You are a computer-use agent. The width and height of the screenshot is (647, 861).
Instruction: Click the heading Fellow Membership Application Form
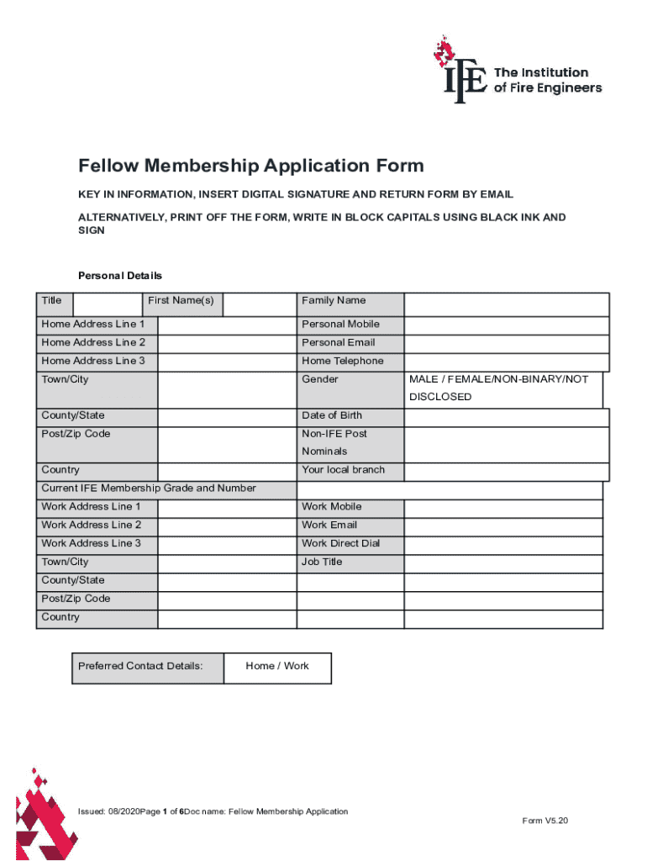[250, 166]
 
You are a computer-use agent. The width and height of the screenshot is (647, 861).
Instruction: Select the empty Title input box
[107, 304]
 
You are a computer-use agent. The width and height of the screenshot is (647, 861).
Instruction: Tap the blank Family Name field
[506, 304]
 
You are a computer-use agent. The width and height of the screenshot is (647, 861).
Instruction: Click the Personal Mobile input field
[506, 325]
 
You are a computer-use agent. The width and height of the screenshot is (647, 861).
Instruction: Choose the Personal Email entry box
[506, 344]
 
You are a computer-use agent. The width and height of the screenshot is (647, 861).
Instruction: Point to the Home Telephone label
[342, 362]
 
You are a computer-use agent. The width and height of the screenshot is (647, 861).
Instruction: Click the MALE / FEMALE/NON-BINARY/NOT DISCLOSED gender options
[498, 388]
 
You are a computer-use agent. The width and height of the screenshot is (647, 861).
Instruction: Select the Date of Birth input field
[506, 416]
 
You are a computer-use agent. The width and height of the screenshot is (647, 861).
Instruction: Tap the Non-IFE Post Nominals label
[334, 442]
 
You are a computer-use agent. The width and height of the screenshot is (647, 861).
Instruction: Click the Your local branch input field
[506, 471]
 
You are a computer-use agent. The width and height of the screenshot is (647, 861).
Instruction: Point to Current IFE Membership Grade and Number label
[149, 489]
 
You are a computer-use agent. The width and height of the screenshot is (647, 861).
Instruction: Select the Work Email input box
[502, 526]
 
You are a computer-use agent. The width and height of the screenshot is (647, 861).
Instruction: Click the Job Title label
[322, 562]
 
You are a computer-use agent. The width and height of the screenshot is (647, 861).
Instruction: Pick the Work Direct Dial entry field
[502, 544]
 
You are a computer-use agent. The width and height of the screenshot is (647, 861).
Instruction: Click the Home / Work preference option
[277, 667]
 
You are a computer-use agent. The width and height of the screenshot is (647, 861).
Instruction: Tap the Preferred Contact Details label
[140, 667]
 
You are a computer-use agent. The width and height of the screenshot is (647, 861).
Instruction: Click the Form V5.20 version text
[544, 821]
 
